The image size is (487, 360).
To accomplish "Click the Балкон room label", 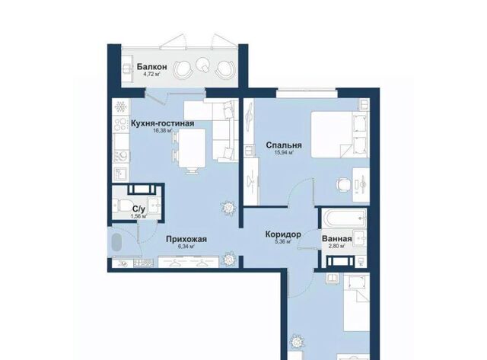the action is click(x=152, y=67).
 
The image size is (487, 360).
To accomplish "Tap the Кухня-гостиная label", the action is click(x=162, y=123).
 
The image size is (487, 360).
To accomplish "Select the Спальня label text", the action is click(x=284, y=145).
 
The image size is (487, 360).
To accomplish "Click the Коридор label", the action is click(x=283, y=234).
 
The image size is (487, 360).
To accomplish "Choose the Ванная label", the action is click(x=337, y=239).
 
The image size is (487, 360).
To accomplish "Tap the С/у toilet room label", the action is click(x=139, y=209).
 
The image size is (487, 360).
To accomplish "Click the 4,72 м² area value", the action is click(x=152, y=75).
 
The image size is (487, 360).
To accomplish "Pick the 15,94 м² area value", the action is click(x=284, y=152).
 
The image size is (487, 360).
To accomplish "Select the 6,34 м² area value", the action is click(x=186, y=247).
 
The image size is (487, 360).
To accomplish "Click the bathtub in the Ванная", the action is click(x=343, y=218).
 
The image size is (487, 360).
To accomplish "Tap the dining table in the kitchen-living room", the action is click(x=192, y=148).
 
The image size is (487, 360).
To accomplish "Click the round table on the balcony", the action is click(x=203, y=65).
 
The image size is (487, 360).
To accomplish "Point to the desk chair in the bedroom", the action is click(x=342, y=184).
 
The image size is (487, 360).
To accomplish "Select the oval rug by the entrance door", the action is click(x=117, y=243).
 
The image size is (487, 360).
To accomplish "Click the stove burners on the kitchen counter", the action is click(x=121, y=123).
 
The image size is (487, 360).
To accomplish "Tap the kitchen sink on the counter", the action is click(x=120, y=175).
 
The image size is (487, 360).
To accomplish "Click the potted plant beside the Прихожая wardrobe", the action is click(x=230, y=259).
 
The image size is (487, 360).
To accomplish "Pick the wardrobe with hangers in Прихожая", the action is click(x=189, y=262).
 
